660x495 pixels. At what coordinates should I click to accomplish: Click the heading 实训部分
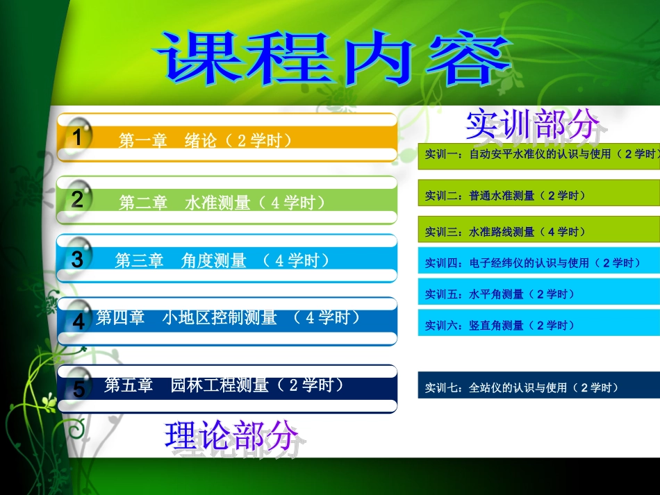coord(533,124)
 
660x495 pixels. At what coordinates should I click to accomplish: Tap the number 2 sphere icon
coord(78,199)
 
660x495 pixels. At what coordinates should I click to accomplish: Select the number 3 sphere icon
coord(78,260)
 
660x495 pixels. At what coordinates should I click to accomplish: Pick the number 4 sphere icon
coord(79,321)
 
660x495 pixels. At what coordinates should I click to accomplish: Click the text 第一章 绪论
coord(205,140)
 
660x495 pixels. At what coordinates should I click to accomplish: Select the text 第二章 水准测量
coord(222,203)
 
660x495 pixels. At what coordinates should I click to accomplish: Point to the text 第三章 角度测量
coord(222,260)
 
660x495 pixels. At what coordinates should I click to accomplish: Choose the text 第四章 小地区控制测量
coord(229,317)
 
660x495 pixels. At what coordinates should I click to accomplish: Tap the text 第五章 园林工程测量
coord(223,385)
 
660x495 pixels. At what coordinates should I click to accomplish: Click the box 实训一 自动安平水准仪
coord(539,154)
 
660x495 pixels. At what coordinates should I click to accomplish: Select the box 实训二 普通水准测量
coord(539,196)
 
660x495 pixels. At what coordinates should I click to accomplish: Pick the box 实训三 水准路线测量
coord(539,231)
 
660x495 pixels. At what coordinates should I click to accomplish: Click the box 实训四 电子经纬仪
coord(539,263)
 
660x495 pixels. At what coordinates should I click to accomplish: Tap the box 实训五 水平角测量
coord(539,294)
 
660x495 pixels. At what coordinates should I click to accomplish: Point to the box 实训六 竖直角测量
coord(539,325)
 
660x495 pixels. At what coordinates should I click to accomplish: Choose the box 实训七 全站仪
coord(539,387)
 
